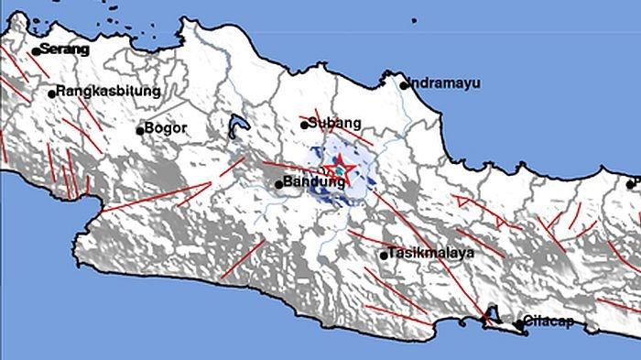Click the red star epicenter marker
coord(338,170)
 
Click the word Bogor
coord(166,129)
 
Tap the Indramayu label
coord(443,82)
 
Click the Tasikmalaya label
coord(429,252)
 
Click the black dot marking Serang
coord(36,51)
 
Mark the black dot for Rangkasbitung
coord(51,93)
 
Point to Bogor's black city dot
coord(140,130)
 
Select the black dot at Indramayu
coord(404,85)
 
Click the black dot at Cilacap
coord(519,323)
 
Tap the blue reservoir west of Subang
coord(238,126)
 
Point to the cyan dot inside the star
coord(338,170)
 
